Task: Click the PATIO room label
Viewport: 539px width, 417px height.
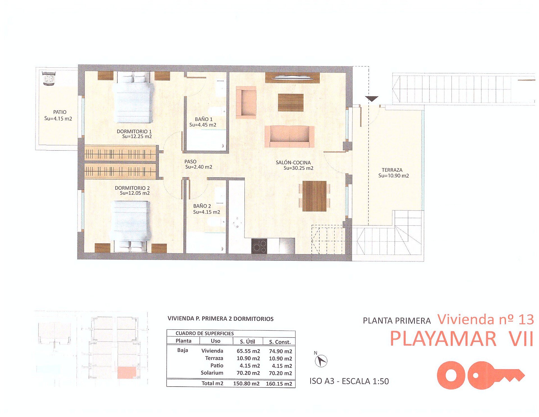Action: (x=60, y=112)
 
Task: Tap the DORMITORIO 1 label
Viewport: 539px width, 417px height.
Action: (x=134, y=132)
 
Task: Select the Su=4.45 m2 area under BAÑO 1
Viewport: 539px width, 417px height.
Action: (x=203, y=125)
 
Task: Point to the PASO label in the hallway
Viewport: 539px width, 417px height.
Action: (x=190, y=162)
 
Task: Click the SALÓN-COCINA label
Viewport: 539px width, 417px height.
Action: (x=293, y=163)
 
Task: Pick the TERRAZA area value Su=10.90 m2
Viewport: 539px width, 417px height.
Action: (x=393, y=176)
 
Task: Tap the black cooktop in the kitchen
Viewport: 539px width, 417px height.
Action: (x=259, y=246)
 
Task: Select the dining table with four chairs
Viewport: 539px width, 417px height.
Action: (x=314, y=196)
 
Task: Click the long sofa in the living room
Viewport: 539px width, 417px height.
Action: (x=289, y=137)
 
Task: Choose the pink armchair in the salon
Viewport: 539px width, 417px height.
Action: (x=246, y=102)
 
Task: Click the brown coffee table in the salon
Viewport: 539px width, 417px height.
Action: (x=291, y=103)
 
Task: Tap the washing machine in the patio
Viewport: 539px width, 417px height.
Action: (x=49, y=78)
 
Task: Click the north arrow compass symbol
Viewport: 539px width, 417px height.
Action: (x=321, y=361)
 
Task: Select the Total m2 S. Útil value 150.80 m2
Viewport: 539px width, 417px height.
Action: (x=246, y=384)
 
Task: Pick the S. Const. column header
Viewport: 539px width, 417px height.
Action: (x=280, y=342)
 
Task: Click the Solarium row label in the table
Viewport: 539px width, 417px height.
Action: (x=212, y=373)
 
